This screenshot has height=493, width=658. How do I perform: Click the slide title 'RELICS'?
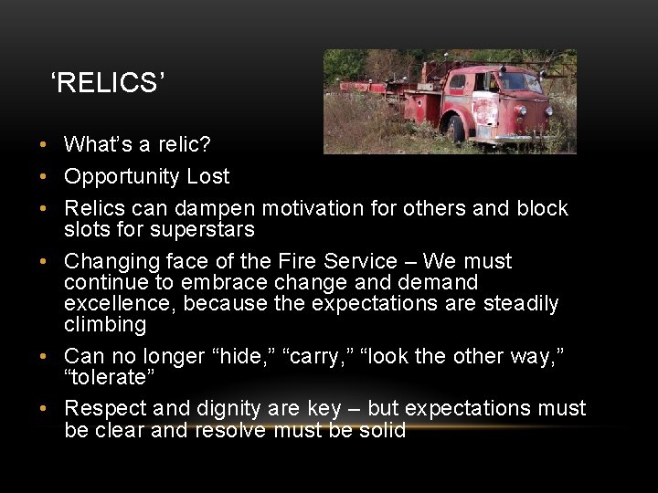tap(108, 83)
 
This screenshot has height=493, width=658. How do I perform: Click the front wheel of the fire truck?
tap(456, 129)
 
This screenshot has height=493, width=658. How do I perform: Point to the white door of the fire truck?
tap(484, 108)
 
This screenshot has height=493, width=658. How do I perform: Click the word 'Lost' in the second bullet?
tap(208, 176)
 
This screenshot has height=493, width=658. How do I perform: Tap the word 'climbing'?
tap(105, 324)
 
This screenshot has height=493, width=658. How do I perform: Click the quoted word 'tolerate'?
tap(105, 377)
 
